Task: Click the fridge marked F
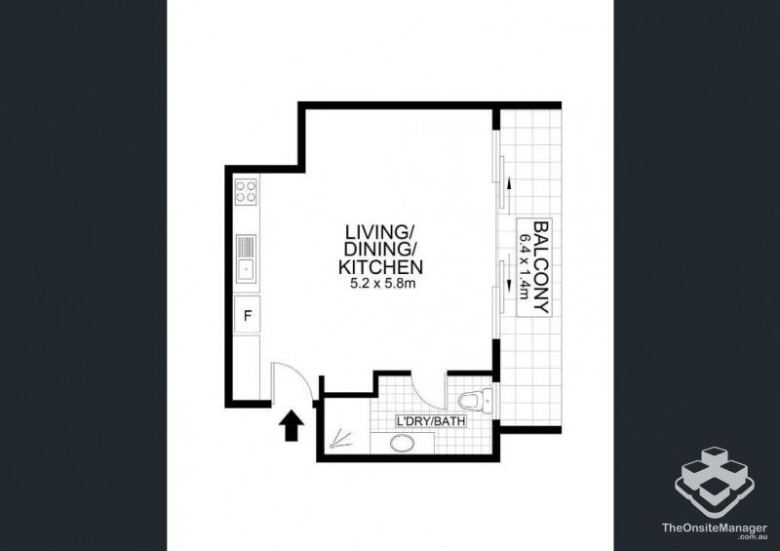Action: [247, 315]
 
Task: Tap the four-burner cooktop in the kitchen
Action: [247, 192]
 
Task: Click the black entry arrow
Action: [291, 426]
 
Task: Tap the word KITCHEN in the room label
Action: [379, 267]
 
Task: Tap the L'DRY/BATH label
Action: [430, 421]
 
